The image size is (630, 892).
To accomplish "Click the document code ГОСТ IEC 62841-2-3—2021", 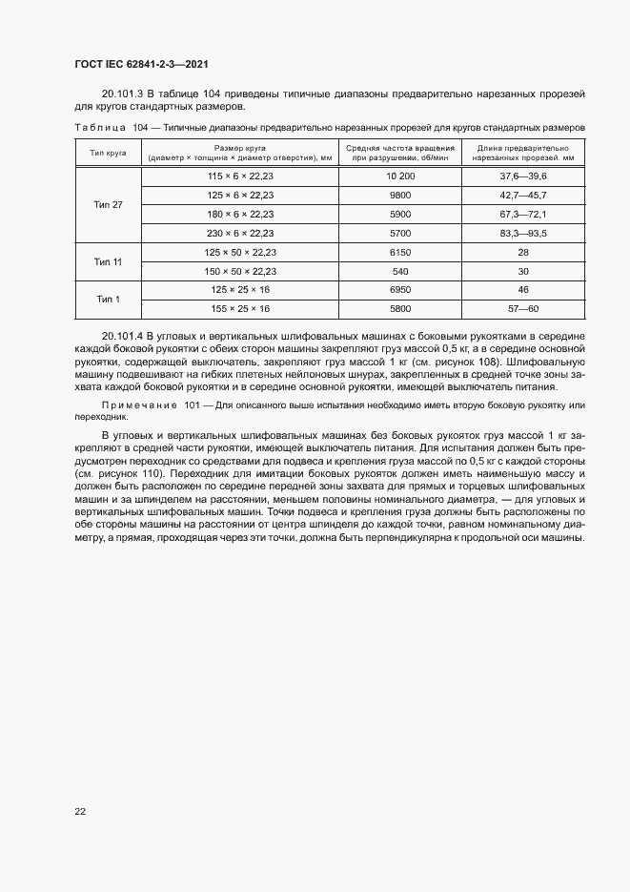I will pos(141,64).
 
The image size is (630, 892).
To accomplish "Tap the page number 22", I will pos(80,811).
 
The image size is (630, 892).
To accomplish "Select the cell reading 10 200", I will pos(400,177).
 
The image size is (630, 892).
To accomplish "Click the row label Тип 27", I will pos(109,205).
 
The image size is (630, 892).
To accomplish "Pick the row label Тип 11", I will pos(109,261).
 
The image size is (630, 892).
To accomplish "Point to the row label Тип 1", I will pos(109,299).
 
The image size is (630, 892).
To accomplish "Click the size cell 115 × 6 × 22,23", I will pos(240,177).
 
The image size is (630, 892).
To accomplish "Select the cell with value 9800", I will pos(400,196).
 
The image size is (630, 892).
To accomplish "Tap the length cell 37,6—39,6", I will pos(522,177).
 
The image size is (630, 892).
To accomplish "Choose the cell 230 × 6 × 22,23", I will pos(240,233).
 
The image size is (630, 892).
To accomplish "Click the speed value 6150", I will pos(400,252).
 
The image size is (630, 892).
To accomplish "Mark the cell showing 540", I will pos(400,271).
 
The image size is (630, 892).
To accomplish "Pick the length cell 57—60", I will pos(522,308).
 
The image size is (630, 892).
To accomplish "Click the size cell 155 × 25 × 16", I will pos(240,308).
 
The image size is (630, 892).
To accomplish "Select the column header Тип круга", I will pos(109,153).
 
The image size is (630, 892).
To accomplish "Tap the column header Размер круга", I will pos(240,148).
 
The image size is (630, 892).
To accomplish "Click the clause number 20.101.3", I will pos(122,93).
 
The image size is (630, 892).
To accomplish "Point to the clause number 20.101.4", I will pos(122,337).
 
